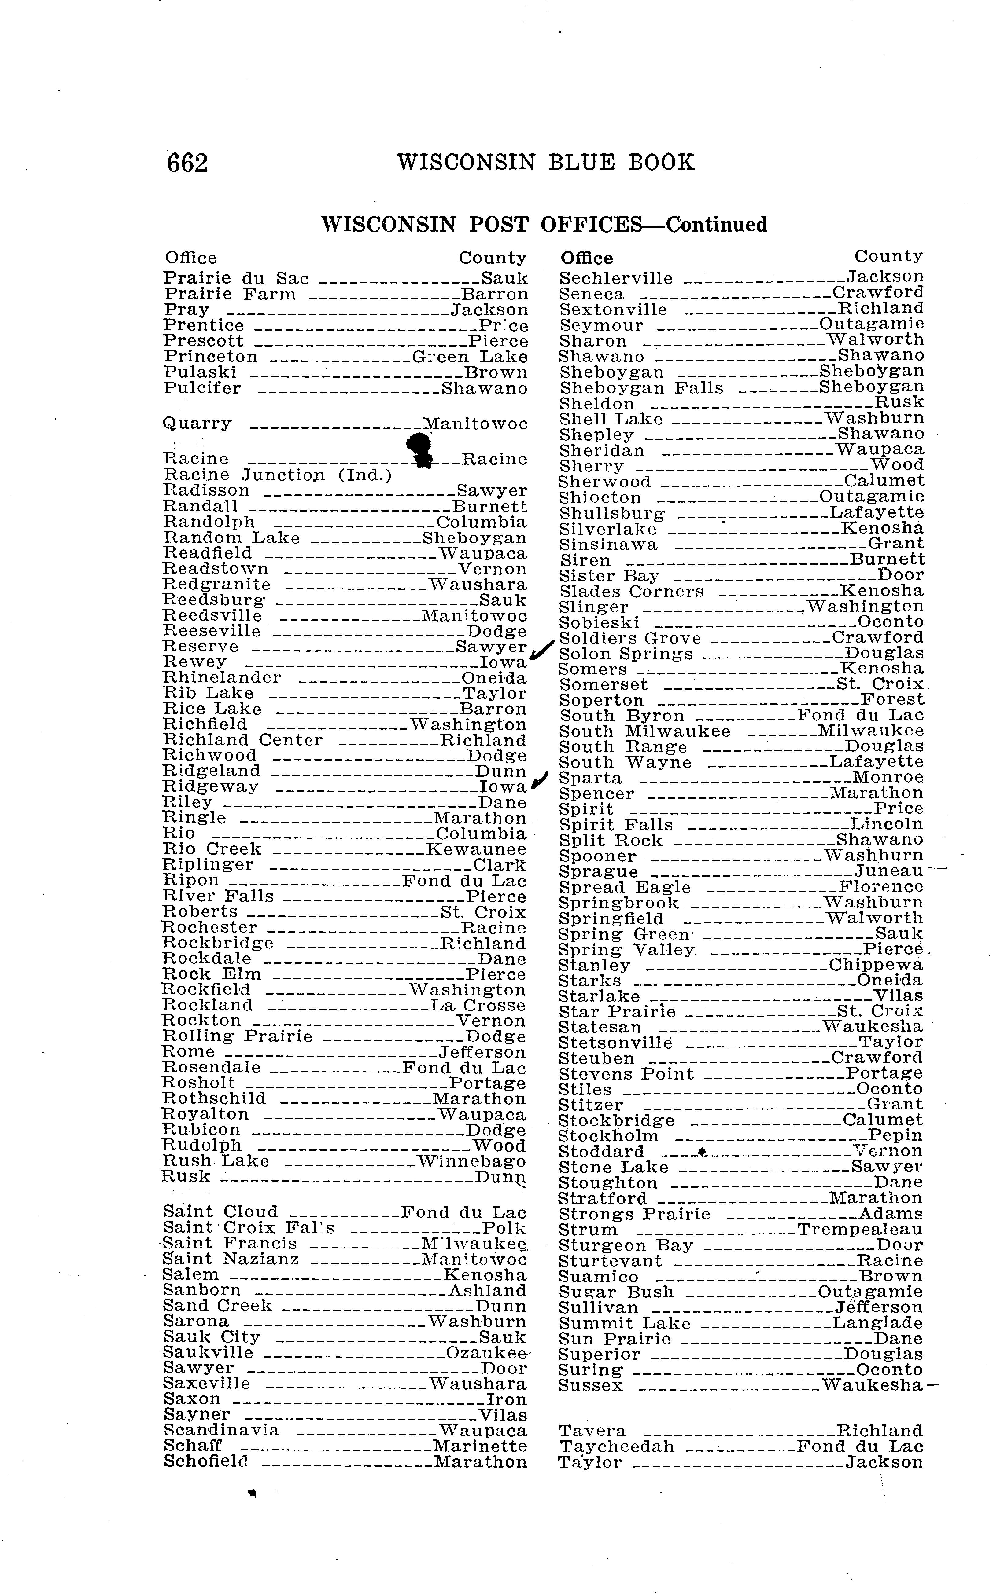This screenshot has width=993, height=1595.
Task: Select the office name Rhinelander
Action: pos(222,677)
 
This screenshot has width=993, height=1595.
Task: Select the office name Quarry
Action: pos(197,424)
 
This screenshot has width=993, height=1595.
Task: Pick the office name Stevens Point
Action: pos(626,1074)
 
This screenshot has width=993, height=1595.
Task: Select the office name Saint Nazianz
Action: pos(231,1259)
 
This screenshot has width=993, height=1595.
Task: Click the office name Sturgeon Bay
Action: pos(626,1245)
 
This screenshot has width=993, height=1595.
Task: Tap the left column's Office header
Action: pos(190,258)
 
